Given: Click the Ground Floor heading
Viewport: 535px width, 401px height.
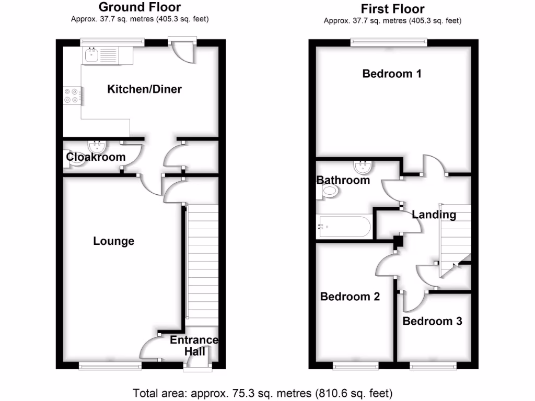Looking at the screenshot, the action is click(139, 7).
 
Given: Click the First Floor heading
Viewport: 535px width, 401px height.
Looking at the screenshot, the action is click(392, 9).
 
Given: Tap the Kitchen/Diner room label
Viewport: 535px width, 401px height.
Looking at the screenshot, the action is click(144, 89).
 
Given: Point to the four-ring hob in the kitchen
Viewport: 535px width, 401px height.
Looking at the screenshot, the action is click(73, 95).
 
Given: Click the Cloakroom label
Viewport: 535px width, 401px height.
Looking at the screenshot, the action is click(96, 157).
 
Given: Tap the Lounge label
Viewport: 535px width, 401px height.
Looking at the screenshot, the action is click(113, 241).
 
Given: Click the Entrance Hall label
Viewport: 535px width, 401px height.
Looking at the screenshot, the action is click(194, 346).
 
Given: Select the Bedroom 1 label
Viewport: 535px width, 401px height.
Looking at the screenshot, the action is click(392, 74).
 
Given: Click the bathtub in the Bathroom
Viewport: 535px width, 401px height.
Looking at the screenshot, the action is click(344, 227).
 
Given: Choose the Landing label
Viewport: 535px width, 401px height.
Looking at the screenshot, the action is click(434, 215).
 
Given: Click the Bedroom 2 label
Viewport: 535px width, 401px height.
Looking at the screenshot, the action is click(350, 297).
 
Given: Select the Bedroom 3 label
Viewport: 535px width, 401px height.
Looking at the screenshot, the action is click(432, 321).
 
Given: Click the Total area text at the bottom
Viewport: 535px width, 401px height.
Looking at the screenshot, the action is click(262, 393).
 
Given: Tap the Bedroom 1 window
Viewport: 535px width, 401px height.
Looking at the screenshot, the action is click(389, 42).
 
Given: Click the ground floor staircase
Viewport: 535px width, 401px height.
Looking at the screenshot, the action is click(202, 261).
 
